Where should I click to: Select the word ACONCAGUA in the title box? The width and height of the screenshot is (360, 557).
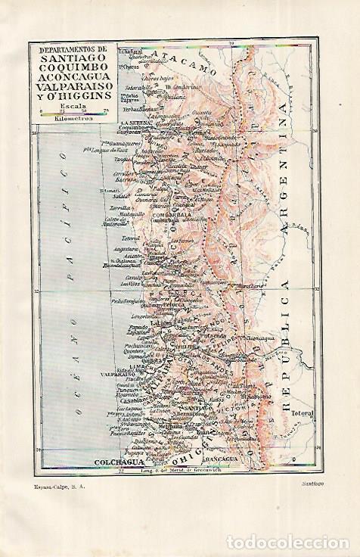coord(73,79)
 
